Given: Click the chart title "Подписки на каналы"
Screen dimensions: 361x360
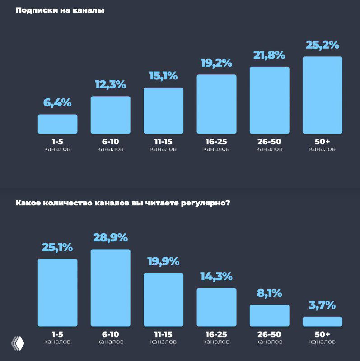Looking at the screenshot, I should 60,10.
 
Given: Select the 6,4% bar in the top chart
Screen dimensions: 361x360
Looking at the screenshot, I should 57,124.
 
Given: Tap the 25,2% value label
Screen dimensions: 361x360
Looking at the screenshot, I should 322,45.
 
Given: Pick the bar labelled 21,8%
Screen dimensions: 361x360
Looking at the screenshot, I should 269,100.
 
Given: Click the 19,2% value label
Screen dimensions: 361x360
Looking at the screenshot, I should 216,63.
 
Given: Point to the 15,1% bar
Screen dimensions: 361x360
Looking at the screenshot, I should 164,111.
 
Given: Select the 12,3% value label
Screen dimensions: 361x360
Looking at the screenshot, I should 110,84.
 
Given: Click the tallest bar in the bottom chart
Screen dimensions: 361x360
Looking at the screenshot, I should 110,288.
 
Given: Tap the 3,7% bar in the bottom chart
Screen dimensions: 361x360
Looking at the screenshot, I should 322,321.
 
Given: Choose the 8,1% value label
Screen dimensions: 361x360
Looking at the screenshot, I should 269,293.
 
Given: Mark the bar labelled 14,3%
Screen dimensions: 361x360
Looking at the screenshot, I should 216,307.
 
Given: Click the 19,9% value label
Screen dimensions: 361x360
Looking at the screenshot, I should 164,262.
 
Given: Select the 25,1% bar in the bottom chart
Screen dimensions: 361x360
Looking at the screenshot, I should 57,292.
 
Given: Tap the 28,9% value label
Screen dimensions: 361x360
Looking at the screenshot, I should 110,238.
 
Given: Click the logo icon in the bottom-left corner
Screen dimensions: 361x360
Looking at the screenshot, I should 18,344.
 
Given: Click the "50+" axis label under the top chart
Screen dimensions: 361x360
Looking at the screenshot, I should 322,142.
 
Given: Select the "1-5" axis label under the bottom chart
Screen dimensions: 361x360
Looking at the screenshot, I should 57,334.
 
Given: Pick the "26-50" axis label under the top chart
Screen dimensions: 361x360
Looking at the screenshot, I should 269,142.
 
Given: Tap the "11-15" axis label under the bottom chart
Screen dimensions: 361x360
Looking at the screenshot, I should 164,334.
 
